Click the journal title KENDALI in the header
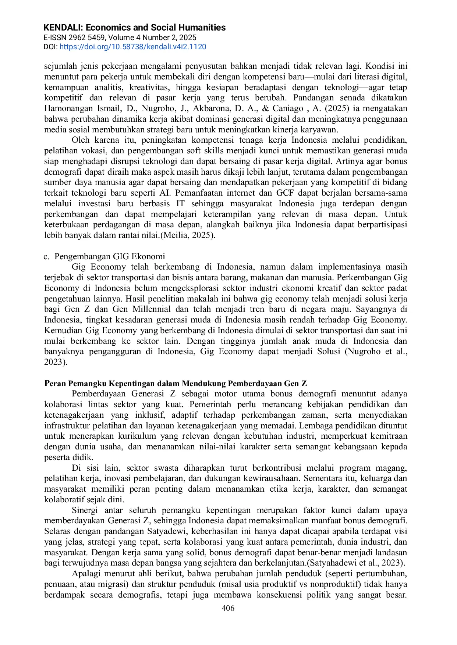63,28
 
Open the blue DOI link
132,47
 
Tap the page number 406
228,608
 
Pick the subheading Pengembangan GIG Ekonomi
110,256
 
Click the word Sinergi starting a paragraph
85,510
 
